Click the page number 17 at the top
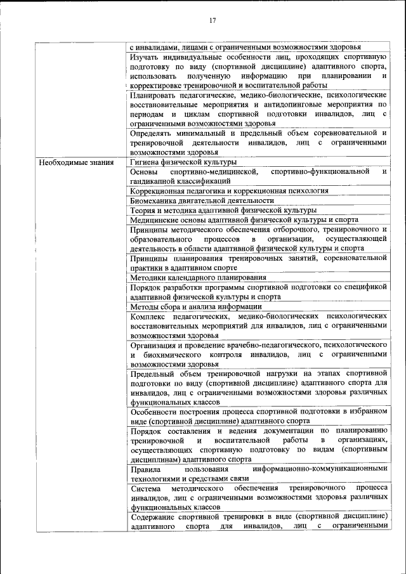tap(213, 20)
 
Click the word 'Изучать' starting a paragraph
tap(145, 56)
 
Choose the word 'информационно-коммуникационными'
tap(319, 469)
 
